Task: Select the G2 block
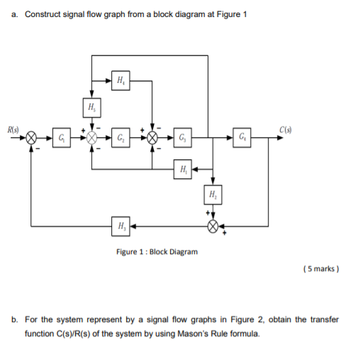pyautogui.click(x=122, y=137)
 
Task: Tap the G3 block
pyautogui.click(x=183, y=137)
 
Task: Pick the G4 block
pyautogui.click(x=243, y=137)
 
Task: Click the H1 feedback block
pyautogui.click(x=183, y=168)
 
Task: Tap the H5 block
pyautogui.click(x=91, y=108)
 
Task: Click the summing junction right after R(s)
pyautogui.click(x=31, y=138)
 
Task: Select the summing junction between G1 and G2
pyautogui.click(x=91, y=138)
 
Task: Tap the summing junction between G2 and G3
pyautogui.click(x=152, y=138)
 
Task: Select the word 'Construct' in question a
pyautogui.click(x=42, y=16)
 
